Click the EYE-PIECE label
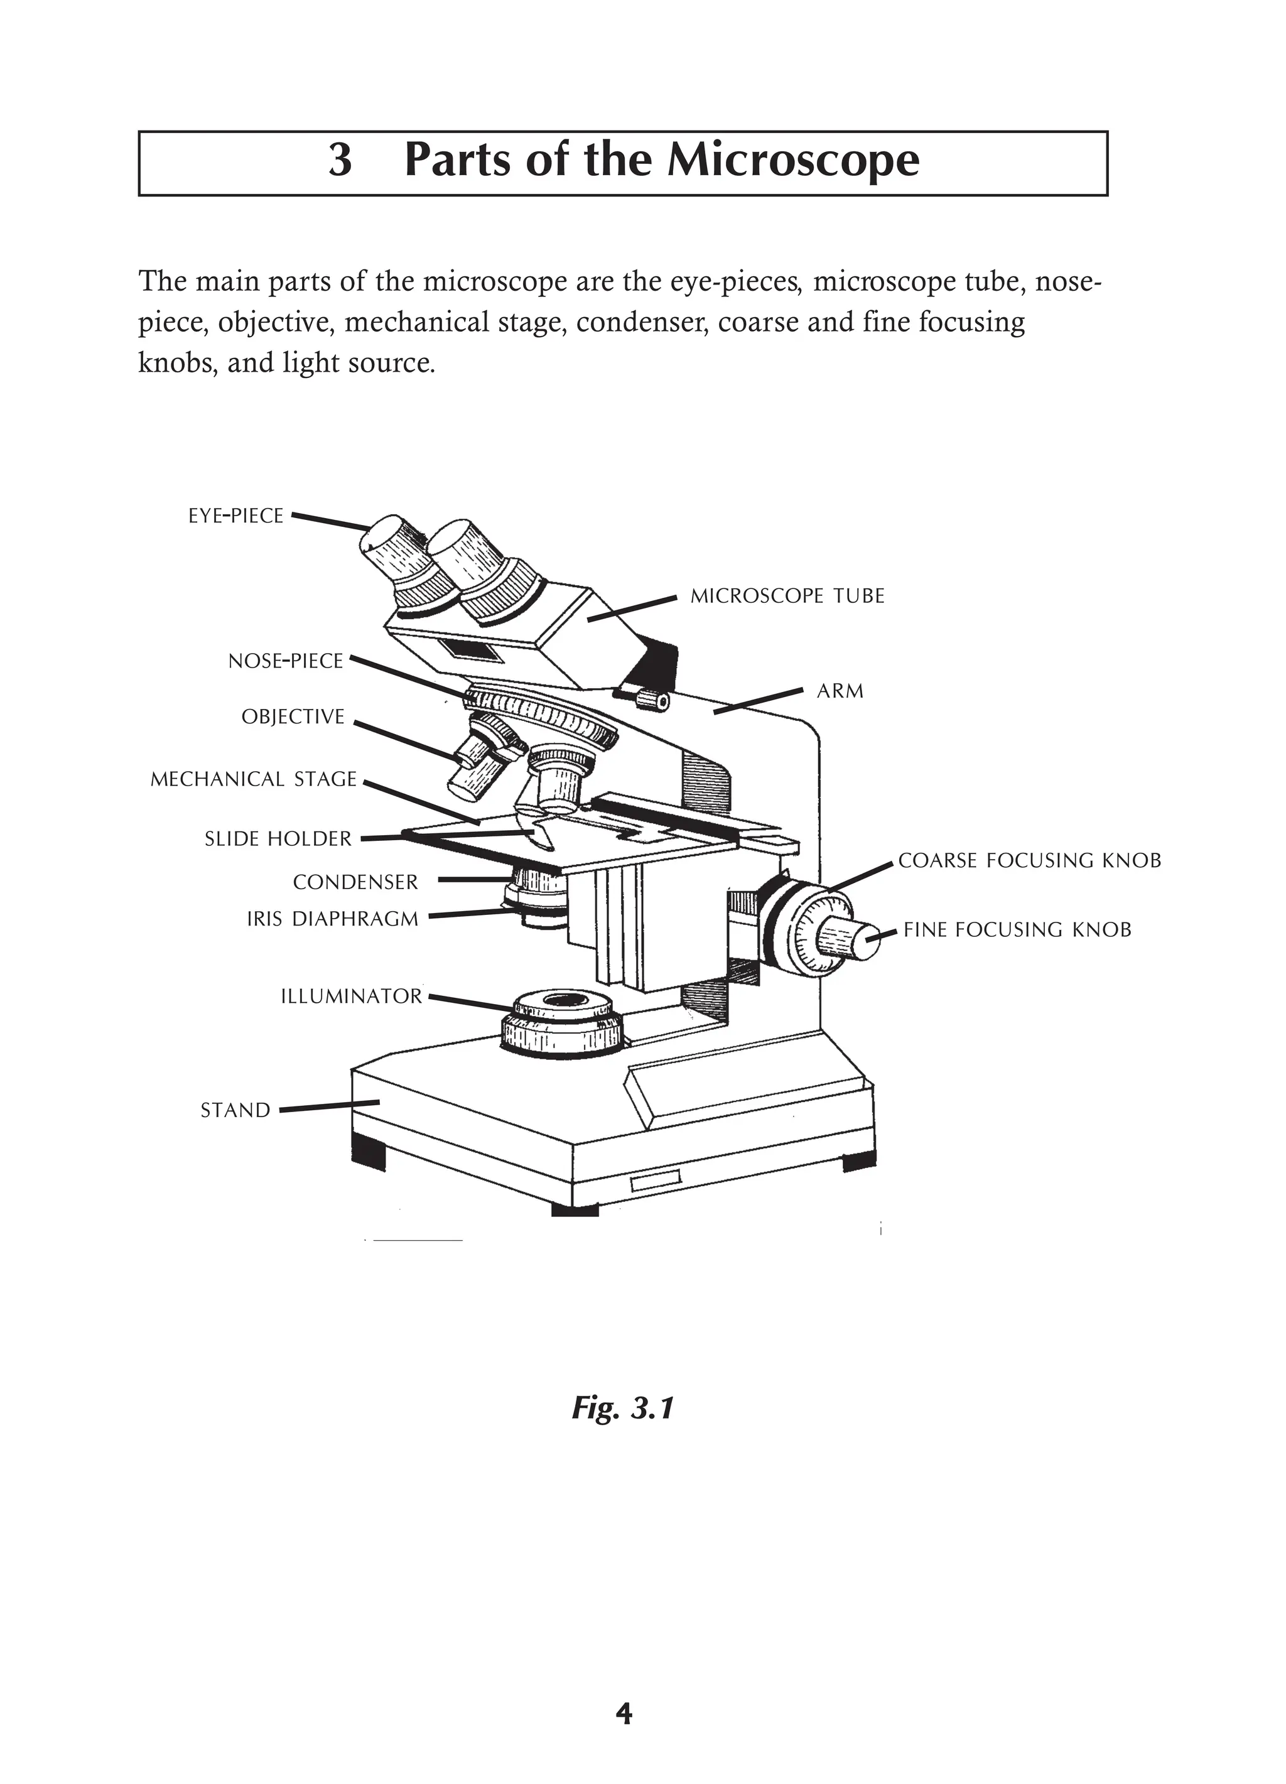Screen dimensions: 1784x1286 235,516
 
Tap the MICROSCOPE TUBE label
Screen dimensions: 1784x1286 787,597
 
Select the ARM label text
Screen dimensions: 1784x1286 840,691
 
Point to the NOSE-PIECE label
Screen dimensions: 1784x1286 286,661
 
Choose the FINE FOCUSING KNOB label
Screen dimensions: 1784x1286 1017,930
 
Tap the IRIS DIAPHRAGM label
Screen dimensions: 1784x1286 333,919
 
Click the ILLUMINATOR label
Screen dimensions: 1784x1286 352,997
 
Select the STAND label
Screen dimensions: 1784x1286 235,1111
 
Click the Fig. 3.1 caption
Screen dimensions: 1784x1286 623,1408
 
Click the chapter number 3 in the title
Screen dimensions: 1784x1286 339,161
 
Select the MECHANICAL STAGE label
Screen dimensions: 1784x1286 253,779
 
